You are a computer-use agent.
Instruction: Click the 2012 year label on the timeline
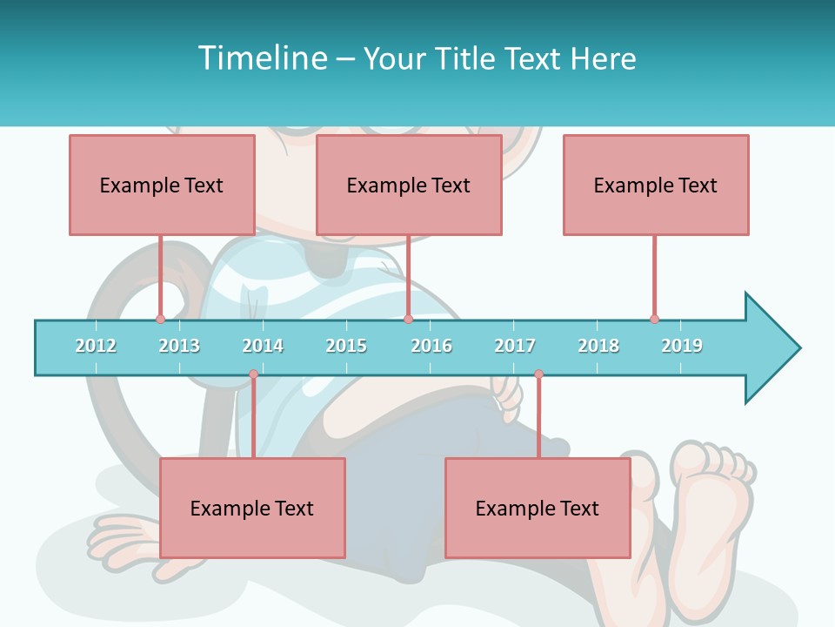point(96,346)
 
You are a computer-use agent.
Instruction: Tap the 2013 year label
point(179,346)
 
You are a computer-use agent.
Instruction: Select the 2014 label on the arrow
point(263,346)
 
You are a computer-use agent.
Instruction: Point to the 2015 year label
point(346,346)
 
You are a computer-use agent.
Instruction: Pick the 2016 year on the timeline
point(431,346)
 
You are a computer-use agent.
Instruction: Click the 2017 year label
point(515,346)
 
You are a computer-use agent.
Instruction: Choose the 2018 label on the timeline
point(598,346)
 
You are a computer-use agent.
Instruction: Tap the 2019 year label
point(682,346)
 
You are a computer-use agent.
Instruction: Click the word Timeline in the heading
point(260,58)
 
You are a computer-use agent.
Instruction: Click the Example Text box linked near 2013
point(162,185)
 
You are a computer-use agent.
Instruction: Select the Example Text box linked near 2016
point(409,185)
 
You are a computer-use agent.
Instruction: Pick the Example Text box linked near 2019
point(656,185)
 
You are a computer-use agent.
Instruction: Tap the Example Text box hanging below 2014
point(252,508)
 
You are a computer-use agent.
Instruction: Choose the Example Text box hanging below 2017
point(538,508)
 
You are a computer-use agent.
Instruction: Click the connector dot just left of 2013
point(160,319)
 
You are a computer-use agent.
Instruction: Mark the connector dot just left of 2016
point(408,319)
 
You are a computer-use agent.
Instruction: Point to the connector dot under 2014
point(253,374)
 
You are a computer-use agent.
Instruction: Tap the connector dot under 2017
point(538,374)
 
